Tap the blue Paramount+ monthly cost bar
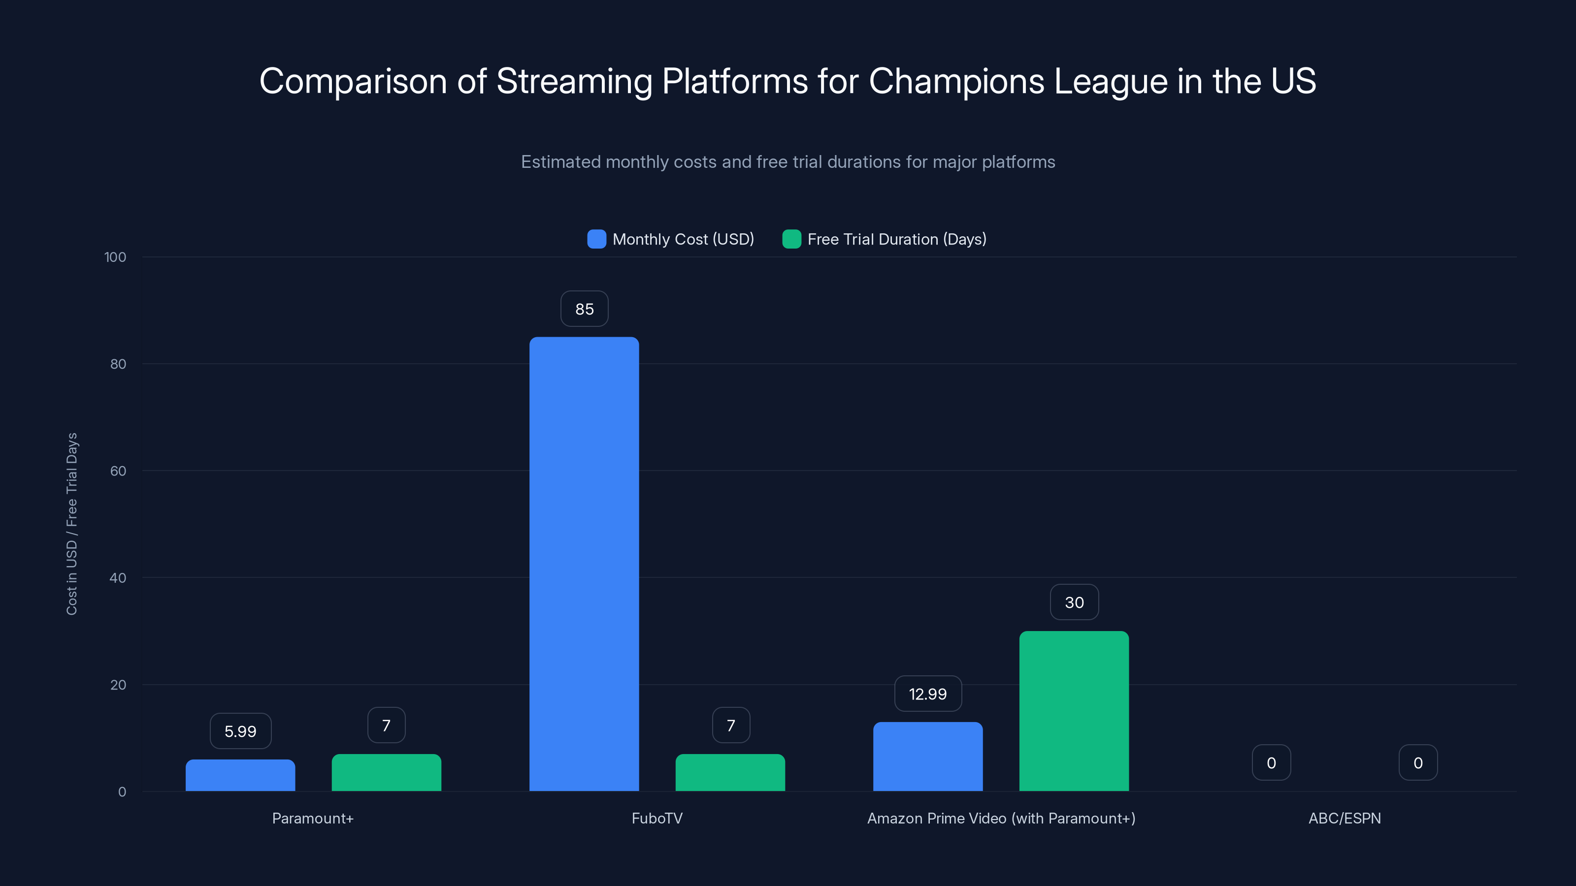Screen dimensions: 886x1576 pyautogui.click(x=240, y=775)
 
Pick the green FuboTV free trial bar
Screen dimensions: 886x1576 pyautogui.click(x=730, y=772)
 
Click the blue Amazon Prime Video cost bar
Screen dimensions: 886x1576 pyautogui.click(x=927, y=757)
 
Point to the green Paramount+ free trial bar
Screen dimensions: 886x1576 pyautogui.click(x=386, y=772)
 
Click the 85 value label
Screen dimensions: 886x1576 pyautogui.click(x=584, y=309)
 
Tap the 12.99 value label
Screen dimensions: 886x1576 pyautogui.click(x=927, y=694)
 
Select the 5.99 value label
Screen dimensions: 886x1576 pyautogui.click(x=240, y=730)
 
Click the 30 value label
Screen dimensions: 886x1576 pyautogui.click(x=1074, y=602)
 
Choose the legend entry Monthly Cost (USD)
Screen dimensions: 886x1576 pyautogui.click(x=670, y=239)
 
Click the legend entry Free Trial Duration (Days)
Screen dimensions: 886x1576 pyautogui.click(x=884, y=239)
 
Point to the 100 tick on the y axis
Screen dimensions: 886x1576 pyautogui.click(x=115, y=257)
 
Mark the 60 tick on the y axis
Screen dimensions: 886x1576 pyautogui.click(x=118, y=471)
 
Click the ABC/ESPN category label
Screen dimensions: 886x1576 pyautogui.click(x=1344, y=818)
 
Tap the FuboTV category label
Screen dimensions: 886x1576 pyautogui.click(x=657, y=818)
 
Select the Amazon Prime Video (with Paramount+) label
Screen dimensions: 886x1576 pyautogui.click(x=1001, y=818)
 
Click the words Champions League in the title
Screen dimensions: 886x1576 pyautogui.click(x=1018, y=81)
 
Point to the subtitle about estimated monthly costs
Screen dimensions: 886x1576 pyautogui.click(x=788, y=162)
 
